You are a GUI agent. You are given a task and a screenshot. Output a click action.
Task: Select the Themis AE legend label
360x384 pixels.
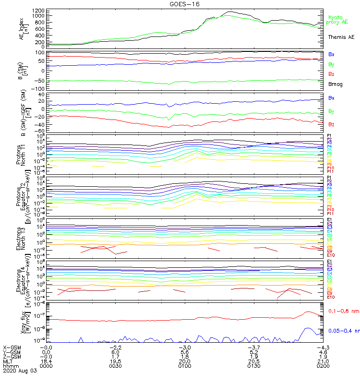click(341, 37)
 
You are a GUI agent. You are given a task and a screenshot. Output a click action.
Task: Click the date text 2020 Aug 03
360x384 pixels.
click(19, 371)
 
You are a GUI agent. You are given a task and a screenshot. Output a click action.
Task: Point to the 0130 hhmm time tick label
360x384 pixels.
click(252, 366)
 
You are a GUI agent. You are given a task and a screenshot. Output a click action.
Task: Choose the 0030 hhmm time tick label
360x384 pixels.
click(115, 366)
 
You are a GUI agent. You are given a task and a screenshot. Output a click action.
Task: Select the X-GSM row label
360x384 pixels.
click(12, 347)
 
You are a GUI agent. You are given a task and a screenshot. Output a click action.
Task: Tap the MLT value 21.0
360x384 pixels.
click(321, 361)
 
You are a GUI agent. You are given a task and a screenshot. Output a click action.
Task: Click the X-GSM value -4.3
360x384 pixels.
click(321, 347)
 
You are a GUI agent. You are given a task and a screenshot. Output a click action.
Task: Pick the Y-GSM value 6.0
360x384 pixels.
click(115, 352)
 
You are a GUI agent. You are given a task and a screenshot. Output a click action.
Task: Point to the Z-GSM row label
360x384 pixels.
click(12, 356)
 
